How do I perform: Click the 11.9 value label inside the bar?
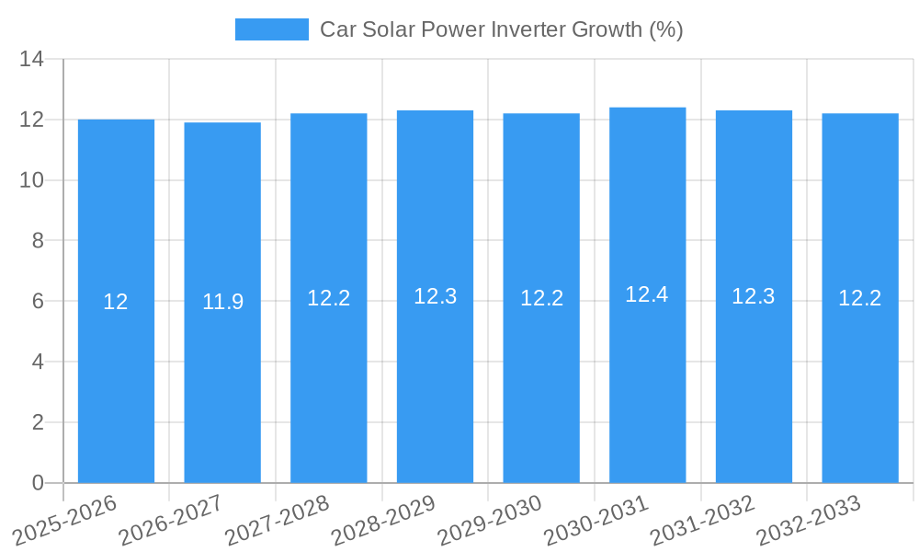[222, 302]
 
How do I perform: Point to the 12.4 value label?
[648, 294]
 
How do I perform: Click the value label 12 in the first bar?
[116, 302]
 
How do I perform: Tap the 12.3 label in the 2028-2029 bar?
[435, 296]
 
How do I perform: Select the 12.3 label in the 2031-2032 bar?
[754, 296]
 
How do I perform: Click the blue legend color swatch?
[271, 29]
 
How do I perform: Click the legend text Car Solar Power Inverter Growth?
[501, 29]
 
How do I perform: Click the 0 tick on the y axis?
[38, 483]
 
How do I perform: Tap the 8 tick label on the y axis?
[38, 241]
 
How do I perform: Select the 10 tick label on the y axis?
[32, 180]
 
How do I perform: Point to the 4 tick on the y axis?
[38, 362]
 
